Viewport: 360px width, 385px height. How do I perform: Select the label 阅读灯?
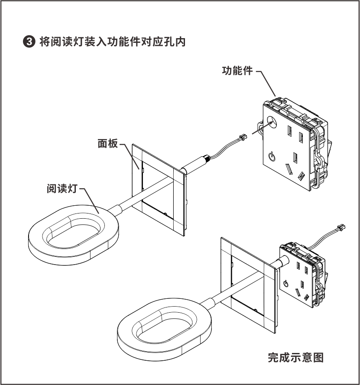(x=62, y=189)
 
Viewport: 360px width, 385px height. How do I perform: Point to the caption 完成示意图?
(x=296, y=358)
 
